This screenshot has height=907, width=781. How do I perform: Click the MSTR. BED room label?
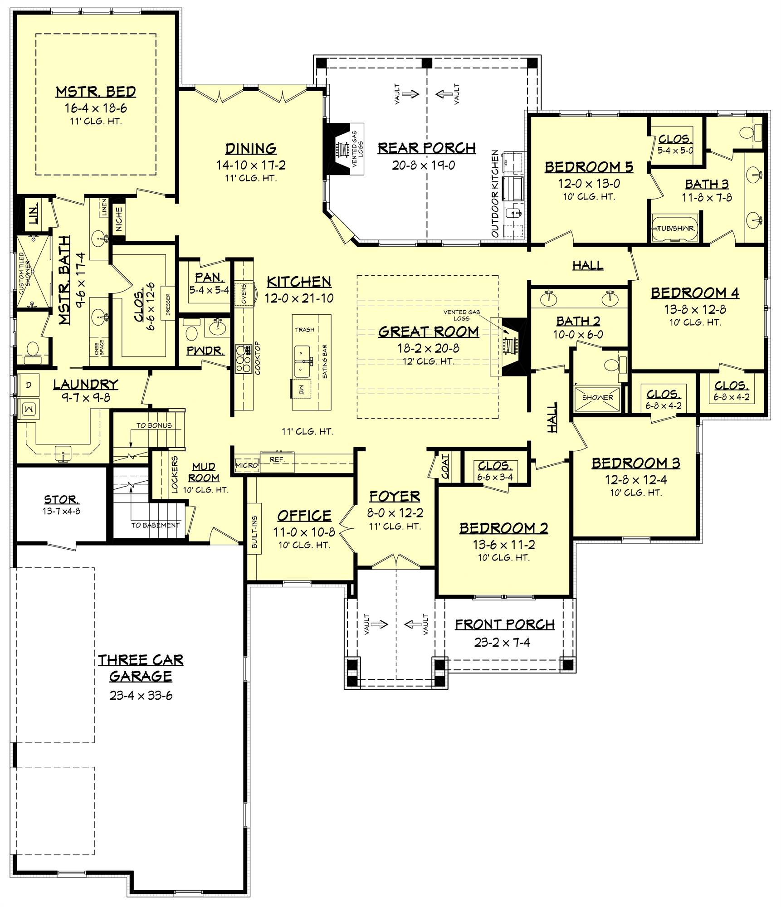[96, 92]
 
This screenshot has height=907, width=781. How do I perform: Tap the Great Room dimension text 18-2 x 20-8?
[428, 348]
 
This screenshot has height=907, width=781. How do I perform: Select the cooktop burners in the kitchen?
[244, 359]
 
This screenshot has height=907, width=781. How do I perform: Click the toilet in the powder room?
[192, 332]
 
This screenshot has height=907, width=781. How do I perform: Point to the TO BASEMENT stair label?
[156, 525]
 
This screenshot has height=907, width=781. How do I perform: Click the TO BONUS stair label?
[154, 425]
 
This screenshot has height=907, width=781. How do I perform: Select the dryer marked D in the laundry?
[29, 385]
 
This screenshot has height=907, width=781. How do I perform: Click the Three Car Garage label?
[141, 668]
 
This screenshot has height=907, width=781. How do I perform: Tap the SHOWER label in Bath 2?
[597, 397]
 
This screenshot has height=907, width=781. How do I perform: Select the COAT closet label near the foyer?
[445, 466]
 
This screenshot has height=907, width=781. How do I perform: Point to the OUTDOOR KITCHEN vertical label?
[495, 194]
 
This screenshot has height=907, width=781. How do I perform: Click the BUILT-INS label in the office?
[254, 531]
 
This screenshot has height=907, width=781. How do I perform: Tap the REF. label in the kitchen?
[277, 460]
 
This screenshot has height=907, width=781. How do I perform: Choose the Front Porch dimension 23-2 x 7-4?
[502, 642]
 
